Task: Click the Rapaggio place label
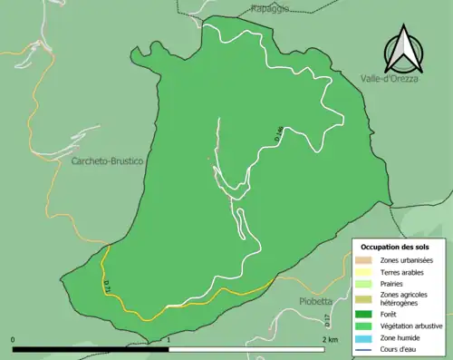(x=270, y=8)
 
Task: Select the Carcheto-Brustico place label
(x=107, y=161)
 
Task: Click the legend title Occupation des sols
(x=395, y=247)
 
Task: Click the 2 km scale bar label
(x=331, y=339)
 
